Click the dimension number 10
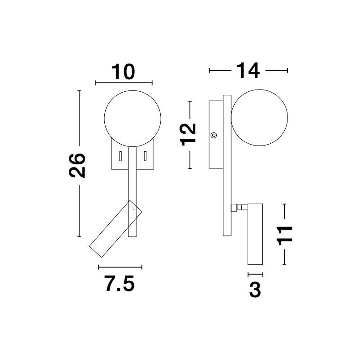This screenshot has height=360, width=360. [124, 72]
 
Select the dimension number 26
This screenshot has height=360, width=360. [77, 166]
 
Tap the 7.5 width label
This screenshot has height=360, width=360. [120, 284]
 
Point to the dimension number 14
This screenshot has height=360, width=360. [248, 70]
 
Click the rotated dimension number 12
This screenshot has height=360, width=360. [188, 135]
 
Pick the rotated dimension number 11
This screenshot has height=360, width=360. [285, 236]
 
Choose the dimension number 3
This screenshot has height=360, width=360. [255, 290]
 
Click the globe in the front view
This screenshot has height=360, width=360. [133, 119]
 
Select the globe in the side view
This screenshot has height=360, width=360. [259, 118]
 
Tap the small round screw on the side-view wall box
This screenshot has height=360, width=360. [214, 135]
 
